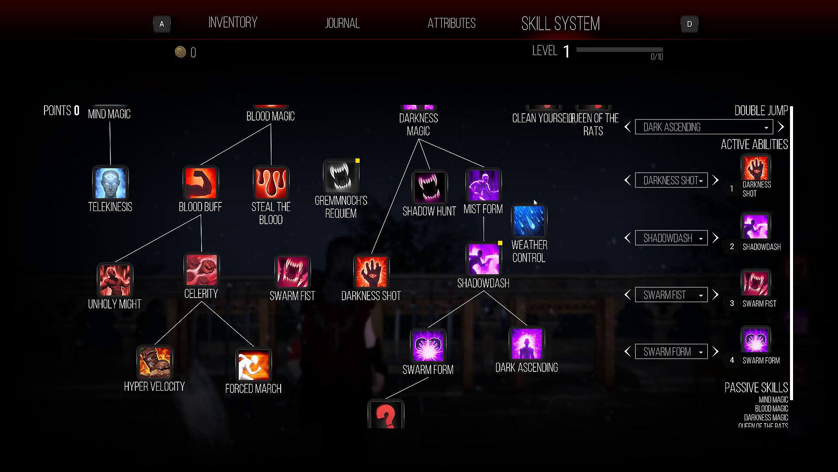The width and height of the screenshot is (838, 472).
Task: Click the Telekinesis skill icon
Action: tap(110, 183)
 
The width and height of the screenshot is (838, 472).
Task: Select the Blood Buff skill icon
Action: tap(201, 183)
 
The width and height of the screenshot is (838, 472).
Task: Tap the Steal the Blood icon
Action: tap(271, 183)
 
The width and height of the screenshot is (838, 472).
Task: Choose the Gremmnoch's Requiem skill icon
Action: tap(341, 177)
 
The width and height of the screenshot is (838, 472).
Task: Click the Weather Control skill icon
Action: tap(529, 221)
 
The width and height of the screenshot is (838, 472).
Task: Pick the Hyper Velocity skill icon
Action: tap(155, 362)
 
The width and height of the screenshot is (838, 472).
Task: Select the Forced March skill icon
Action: tap(254, 364)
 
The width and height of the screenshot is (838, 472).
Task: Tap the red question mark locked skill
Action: tap(386, 415)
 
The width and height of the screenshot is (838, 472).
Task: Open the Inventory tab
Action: tap(233, 23)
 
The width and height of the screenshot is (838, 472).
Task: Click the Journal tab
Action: tap(342, 23)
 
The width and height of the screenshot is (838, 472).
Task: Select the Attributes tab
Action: tap(451, 23)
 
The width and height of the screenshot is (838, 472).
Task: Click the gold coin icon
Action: tap(180, 52)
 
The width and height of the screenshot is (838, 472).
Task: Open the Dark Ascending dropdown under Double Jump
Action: tap(704, 127)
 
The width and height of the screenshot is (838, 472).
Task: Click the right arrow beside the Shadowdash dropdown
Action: tap(715, 238)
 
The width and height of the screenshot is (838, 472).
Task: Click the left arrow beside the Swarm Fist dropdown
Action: tap(628, 295)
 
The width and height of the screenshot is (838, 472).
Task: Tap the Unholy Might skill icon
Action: tap(115, 280)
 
